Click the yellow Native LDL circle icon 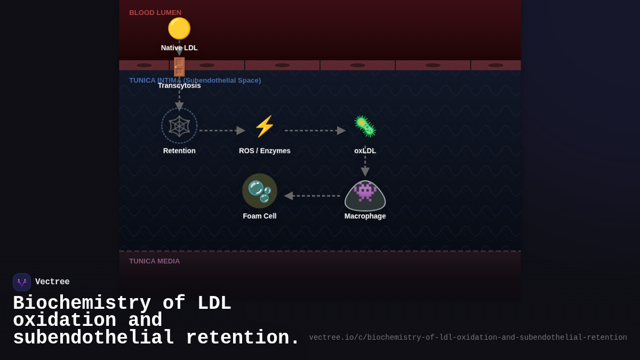point(179,28)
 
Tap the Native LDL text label point(179,48)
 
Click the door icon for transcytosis point(179,67)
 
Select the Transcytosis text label point(179,85)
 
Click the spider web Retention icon point(179,126)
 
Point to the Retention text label point(179,151)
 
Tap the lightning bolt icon point(265,126)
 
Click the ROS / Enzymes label point(265,151)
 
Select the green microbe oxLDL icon point(365,126)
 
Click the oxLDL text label point(365,151)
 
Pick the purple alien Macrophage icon point(365,192)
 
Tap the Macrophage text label point(365,216)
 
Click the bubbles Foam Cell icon point(260,191)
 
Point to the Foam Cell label point(260,216)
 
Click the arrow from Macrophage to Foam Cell point(312,196)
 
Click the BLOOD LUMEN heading point(155,13)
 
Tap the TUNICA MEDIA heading point(155,261)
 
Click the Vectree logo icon point(22,282)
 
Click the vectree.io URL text point(468,338)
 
